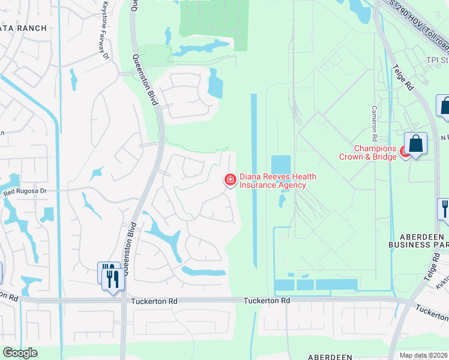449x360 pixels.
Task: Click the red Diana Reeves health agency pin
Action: click(x=230, y=180)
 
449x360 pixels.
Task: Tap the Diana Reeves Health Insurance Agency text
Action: click(x=277, y=181)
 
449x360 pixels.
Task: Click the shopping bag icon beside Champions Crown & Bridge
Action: click(x=415, y=144)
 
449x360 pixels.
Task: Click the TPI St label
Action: click(x=437, y=60)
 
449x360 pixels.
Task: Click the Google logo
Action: click(x=20, y=353)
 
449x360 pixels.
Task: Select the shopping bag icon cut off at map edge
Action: click(x=445, y=106)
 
